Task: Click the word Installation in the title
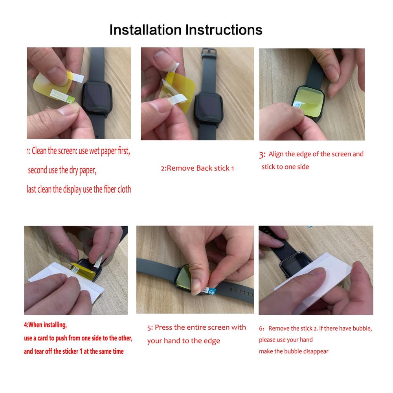point(146,30)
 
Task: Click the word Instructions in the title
point(224,30)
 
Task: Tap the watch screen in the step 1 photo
point(97,95)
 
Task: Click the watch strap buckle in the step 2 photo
point(209,53)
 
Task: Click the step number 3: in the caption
point(262,154)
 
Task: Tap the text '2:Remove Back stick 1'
point(197,168)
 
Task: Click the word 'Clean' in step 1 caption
point(39,151)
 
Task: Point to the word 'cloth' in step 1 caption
point(124,189)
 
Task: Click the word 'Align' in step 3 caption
point(275,154)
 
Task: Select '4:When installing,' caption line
point(45,325)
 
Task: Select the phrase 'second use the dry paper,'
point(62,170)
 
